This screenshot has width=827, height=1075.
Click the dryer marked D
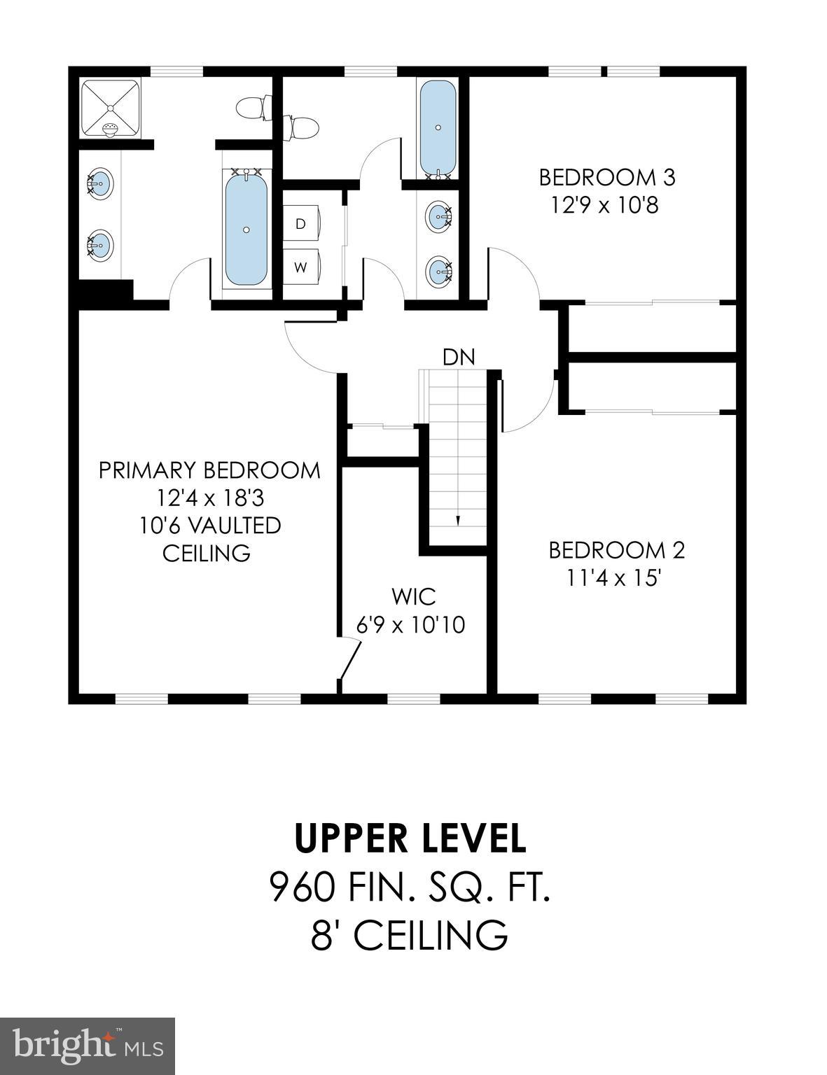[x=302, y=224]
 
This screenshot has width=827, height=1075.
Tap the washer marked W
[x=302, y=267]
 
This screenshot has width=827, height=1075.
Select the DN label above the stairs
[x=459, y=357]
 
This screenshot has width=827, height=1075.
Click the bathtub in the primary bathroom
[x=246, y=228]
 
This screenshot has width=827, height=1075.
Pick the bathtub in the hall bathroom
[x=438, y=128]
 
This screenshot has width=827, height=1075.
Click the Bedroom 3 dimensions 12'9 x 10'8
[x=606, y=206]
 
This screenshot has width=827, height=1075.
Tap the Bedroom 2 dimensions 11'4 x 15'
[x=616, y=578]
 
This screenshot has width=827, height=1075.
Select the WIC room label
[x=414, y=597]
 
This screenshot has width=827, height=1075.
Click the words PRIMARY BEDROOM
[x=209, y=470]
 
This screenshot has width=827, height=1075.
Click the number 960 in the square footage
[x=303, y=887]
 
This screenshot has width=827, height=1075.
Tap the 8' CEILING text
[x=410, y=935]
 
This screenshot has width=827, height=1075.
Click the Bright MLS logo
[x=88, y=1046]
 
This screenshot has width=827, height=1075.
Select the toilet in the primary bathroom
[x=251, y=108]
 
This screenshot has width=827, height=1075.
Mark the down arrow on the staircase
[x=458, y=520]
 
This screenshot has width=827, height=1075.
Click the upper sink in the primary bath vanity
[x=100, y=183]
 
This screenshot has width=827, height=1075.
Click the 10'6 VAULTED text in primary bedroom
[x=210, y=525]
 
